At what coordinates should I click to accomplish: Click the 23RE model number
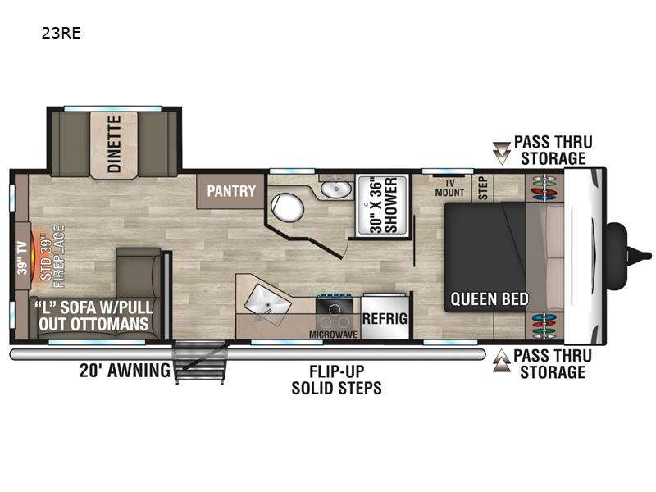point(61,33)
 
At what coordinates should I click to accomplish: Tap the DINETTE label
point(114,144)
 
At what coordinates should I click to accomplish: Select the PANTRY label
point(231,191)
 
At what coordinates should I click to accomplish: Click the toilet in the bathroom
point(287,207)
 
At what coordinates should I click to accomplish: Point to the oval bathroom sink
point(336,189)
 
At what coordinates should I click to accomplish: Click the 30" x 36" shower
point(381,206)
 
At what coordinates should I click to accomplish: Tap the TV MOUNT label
point(449,188)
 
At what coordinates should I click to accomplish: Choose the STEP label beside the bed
point(483,188)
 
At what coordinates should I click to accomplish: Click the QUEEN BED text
point(489,299)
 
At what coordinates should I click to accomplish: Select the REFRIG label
point(385,318)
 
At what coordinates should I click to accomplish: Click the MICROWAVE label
point(333,335)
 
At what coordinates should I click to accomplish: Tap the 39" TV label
point(22,258)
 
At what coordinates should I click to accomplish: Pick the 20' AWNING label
point(125,371)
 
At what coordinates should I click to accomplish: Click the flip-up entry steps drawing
point(200,362)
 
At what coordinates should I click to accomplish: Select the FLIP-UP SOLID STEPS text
point(336,380)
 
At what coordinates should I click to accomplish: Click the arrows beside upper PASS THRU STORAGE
point(501,153)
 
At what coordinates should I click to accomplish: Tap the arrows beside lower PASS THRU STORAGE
point(501,361)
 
